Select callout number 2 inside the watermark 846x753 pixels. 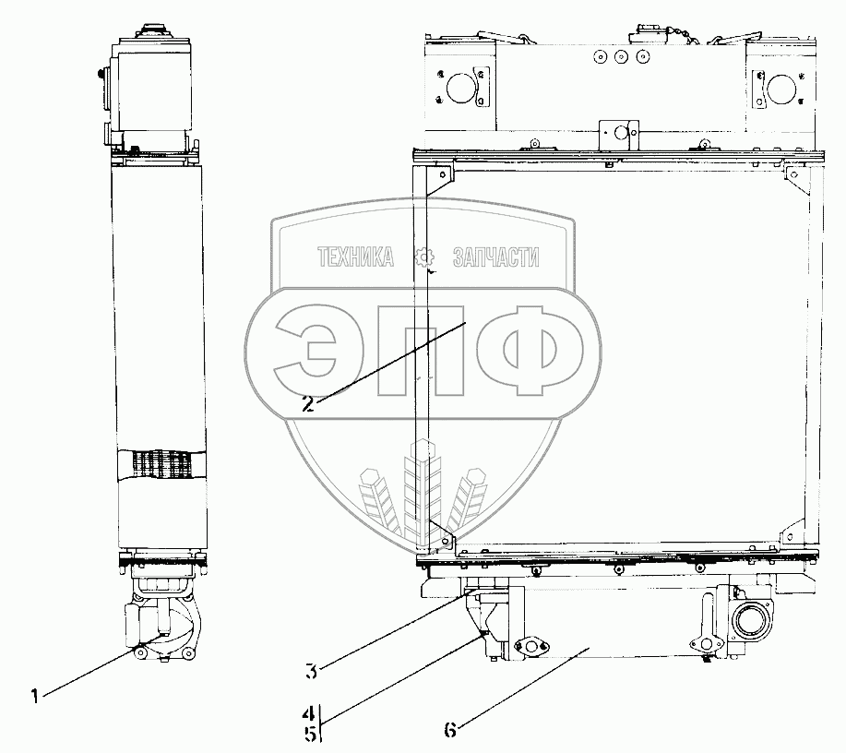click(307, 404)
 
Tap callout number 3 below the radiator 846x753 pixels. click(311, 672)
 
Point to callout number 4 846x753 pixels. click(308, 713)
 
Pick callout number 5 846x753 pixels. click(310, 734)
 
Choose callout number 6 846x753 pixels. click(450, 730)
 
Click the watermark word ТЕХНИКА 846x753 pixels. click(355, 257)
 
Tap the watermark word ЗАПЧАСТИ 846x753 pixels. click(495, 257)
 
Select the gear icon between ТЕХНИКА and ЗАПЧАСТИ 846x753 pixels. click(424, 257)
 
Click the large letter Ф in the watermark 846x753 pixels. click(530, 351)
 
